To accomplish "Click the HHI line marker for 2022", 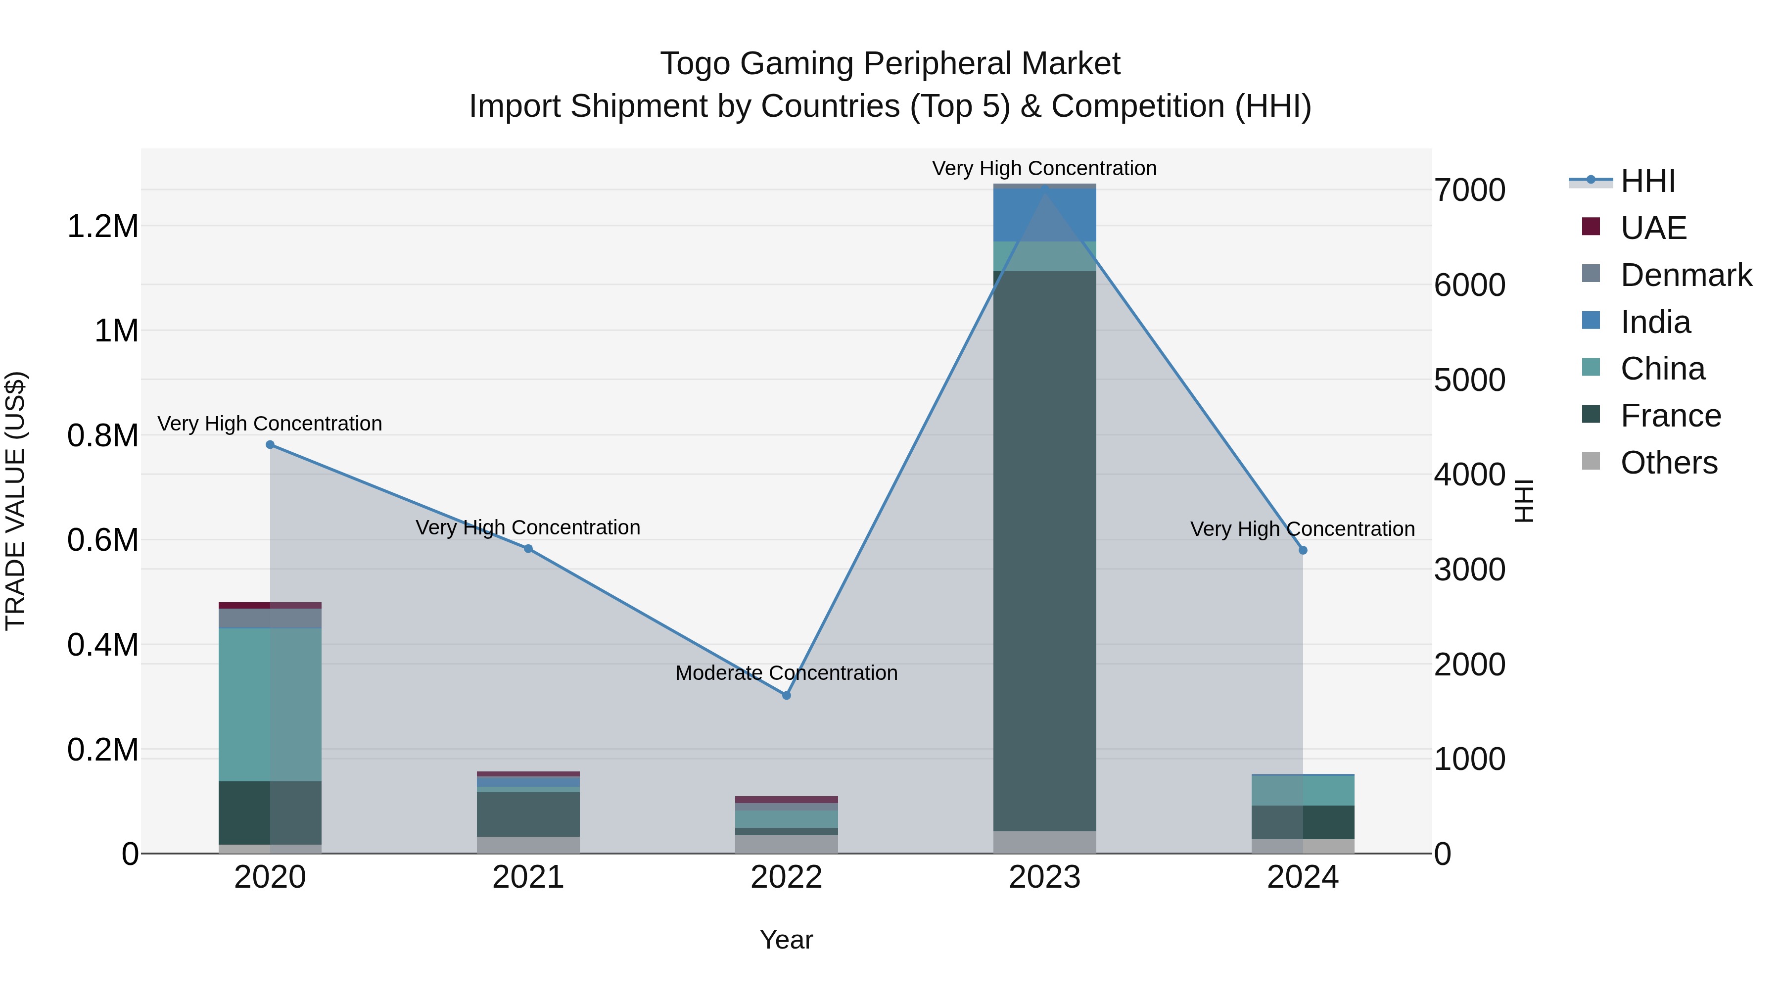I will tap(786, 695).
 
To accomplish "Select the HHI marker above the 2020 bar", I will tap(270, 445).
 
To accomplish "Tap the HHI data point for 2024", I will tap(1303, 550).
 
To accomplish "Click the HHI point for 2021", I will tap(528, 548).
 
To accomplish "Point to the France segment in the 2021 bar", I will tap(528, 814).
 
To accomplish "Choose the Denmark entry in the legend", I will tap(1686, 275).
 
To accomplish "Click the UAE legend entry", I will tap(1653, 228).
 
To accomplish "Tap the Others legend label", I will tap(1668, 463).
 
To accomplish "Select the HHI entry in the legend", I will tap(1647, 181).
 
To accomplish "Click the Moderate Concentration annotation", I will tap(786, 673).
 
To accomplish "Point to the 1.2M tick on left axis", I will tap(102, 227).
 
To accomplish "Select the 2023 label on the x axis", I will tap(1045, 877).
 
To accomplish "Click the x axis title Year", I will tap(786, 940).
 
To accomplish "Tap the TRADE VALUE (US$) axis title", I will tap(15, 501).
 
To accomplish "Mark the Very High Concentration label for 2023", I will tap(1044, 168).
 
